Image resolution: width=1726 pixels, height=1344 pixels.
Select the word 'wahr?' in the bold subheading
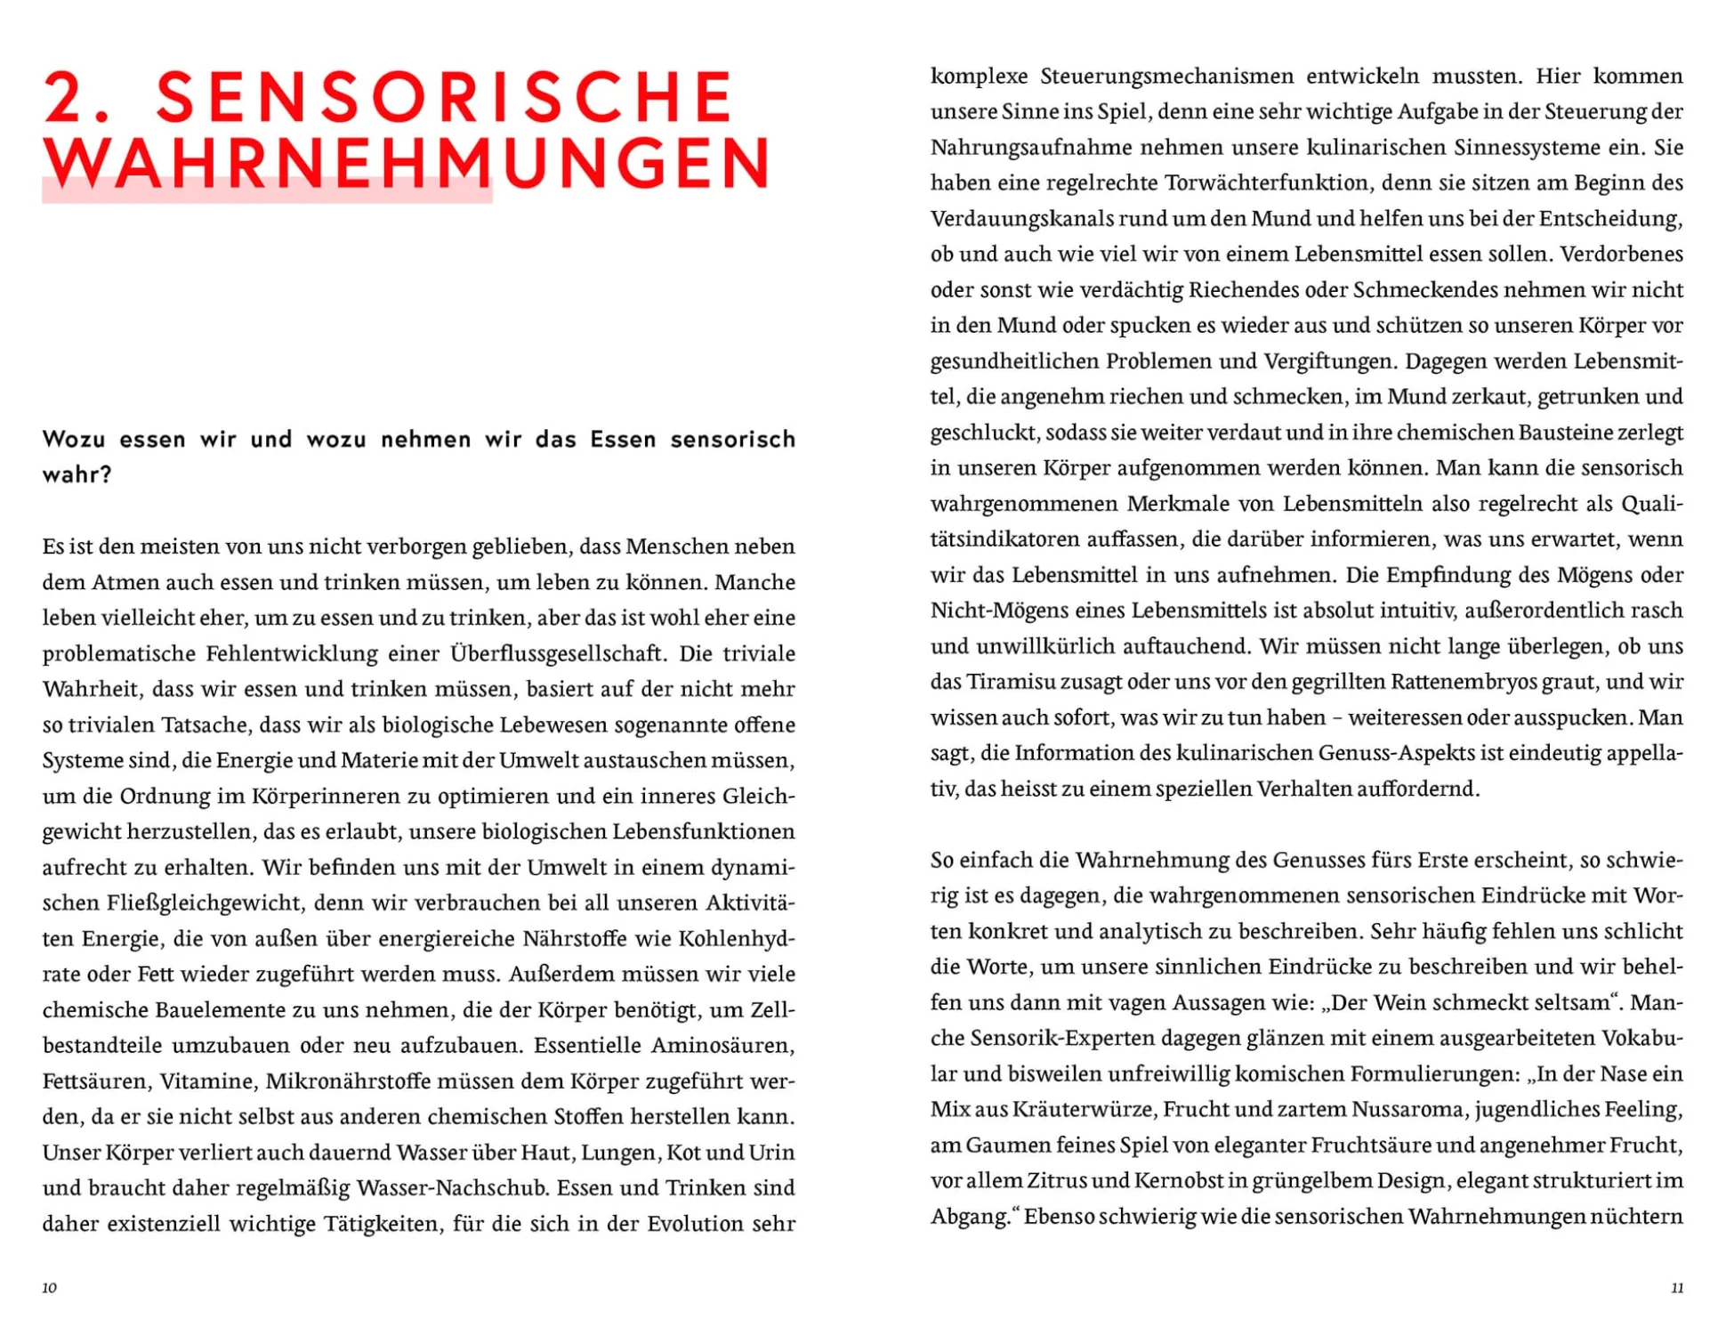tap(77, 474)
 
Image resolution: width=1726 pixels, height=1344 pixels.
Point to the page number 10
tap(50, 1287)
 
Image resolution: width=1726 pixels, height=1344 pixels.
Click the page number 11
tap(1677, 1287)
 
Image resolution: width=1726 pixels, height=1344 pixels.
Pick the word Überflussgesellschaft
tap(557, 653)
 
